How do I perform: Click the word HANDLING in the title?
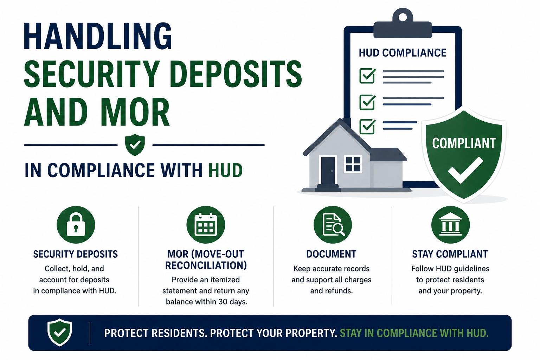(98, 36)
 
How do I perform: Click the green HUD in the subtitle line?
(225, 170)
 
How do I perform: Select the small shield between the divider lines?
(135, 145)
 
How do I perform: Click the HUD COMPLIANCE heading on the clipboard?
(402, 53)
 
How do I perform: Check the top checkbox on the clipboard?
(367, 76)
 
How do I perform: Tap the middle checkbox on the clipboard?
(367, 102)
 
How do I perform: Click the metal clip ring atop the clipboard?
(403, 17)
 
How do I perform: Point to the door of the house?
(328, 171)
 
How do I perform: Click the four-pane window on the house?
(353, 164)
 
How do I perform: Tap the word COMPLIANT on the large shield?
(464, 143)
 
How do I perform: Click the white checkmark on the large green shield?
(465, 170)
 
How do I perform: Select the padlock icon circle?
(76, 225)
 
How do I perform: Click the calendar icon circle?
(206, 225)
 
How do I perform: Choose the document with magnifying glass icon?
(333, 225)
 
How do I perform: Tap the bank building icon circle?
(451, 225)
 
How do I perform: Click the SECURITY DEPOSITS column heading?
(76, 254)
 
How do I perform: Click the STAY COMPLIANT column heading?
(450, 254)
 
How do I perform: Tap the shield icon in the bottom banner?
(59, 333)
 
